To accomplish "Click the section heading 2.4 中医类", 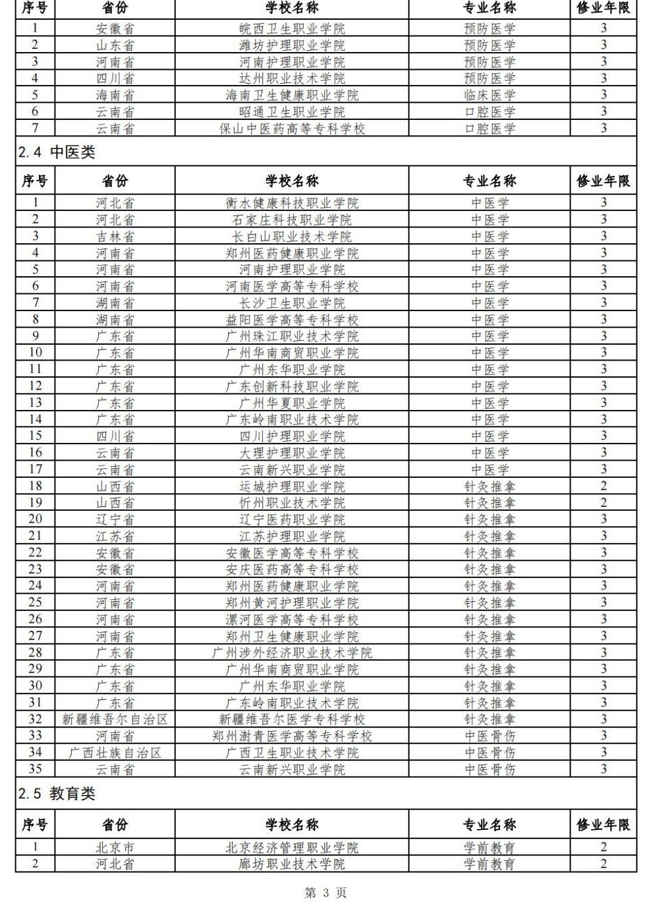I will coord(57,152).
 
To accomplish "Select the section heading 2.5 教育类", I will coord(57,794).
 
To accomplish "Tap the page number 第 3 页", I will coord(326,892).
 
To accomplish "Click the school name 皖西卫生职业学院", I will coord(292,28).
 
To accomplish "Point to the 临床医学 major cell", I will coord(490,95).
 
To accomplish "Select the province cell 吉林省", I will coord(115,236).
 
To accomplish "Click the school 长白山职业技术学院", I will coord(292,236).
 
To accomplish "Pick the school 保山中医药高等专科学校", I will coord(292,129).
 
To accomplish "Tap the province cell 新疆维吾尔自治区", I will coord(115,719).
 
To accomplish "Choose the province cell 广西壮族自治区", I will coord(115,753).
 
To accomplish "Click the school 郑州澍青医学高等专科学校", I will coord(292,736).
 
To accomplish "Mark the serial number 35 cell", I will coord(35,769).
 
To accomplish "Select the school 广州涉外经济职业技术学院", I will coord(292,653).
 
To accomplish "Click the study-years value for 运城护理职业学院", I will coord(603,486).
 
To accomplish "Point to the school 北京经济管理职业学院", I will coord(292,848).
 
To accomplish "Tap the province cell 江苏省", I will coord(115,537).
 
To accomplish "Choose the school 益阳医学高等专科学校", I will coord(292,320).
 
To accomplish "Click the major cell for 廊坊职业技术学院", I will coord(490,864).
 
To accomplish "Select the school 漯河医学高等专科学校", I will coord(292,620).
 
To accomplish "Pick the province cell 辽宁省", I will coord(115,519).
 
